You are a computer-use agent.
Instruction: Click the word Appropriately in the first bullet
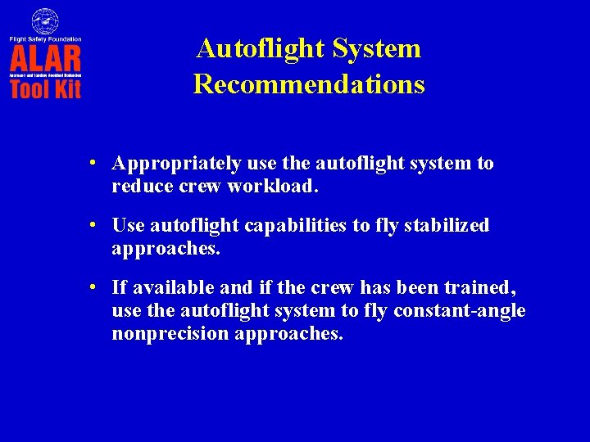pos(176,164)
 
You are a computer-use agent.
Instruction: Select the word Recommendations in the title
pos(309,84)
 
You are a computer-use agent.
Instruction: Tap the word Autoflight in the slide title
pos(261,48)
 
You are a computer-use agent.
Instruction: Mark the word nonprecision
pos(170,334)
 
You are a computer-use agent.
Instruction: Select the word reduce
pos(138,186)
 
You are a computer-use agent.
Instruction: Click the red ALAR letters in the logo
pos(45,58)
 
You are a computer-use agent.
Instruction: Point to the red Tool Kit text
pos(45,88)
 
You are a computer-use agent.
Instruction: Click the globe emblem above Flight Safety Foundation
pos(45,20)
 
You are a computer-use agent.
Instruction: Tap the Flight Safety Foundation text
pos(45,38)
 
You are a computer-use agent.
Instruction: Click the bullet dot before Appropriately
pos(96,163)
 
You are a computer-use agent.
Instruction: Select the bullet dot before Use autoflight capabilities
pos(96,225)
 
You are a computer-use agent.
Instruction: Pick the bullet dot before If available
pos(96,287)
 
